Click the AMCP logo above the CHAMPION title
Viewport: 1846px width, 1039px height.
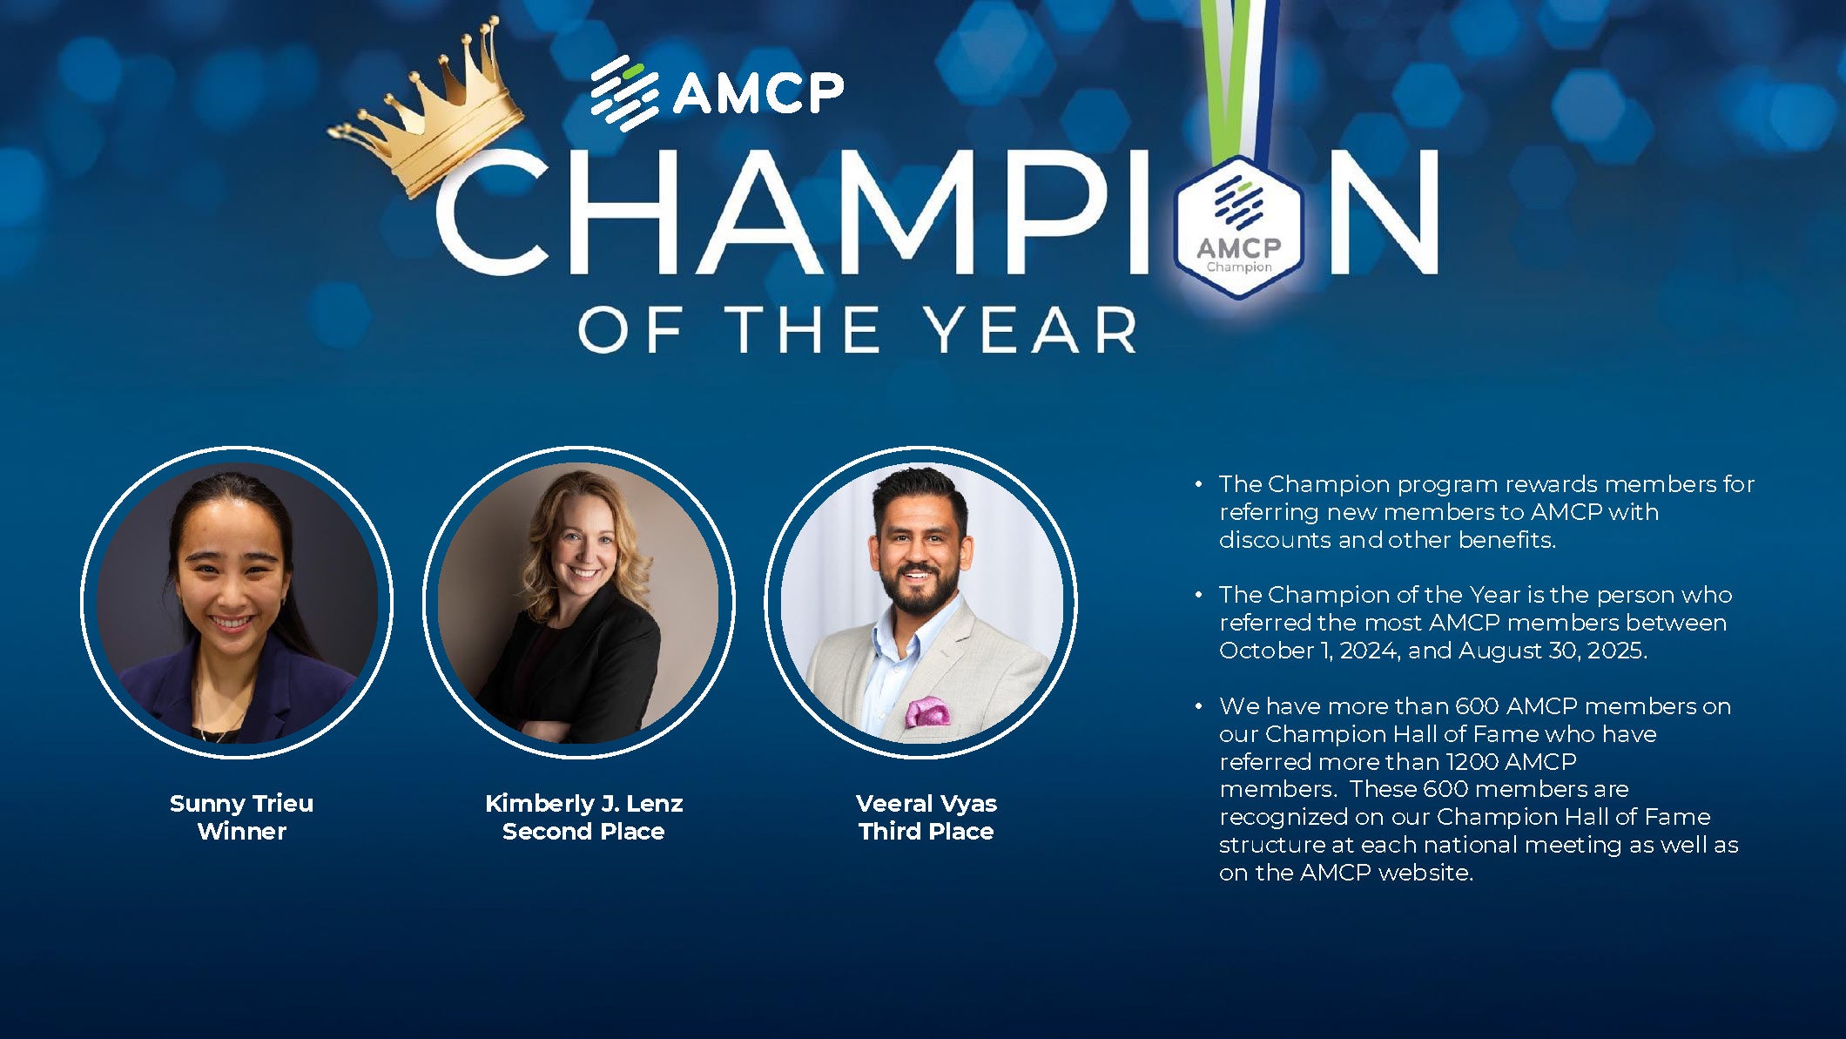coord(717,91)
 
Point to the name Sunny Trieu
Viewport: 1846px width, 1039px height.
coord(241,803)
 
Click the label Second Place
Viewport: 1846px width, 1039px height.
coord(583,832)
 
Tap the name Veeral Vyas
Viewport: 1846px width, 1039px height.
coord(926,803)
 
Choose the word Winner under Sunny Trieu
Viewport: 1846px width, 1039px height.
coord(241,832)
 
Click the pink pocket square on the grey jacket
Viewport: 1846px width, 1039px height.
coord(926,712)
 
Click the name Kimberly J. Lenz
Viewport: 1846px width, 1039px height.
coord(583,803)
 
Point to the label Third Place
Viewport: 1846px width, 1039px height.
coord(926,832)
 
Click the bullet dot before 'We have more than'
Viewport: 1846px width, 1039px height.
coord(1199,706)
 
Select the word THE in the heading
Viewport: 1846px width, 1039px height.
coord(803,330)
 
